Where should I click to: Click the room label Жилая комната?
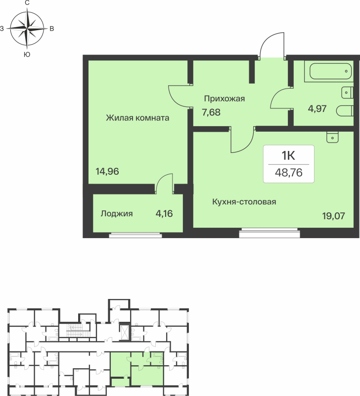137,118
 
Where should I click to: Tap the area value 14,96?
107,171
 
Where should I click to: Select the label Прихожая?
225,99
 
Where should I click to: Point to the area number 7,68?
211,112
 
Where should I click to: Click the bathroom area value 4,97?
317,109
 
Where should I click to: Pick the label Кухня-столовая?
244,202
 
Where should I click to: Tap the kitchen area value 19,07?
333,216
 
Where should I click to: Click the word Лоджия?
117,214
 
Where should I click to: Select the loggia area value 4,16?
164,214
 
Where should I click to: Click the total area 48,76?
289,173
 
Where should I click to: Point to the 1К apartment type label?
288,155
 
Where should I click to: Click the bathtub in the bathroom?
329,71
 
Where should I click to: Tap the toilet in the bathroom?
345,111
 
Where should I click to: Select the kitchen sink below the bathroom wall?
332,137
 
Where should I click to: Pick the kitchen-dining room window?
270,233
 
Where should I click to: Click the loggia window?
135,235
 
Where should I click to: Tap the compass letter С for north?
27,3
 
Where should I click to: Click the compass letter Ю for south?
27,54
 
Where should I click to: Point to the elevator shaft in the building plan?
125,332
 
